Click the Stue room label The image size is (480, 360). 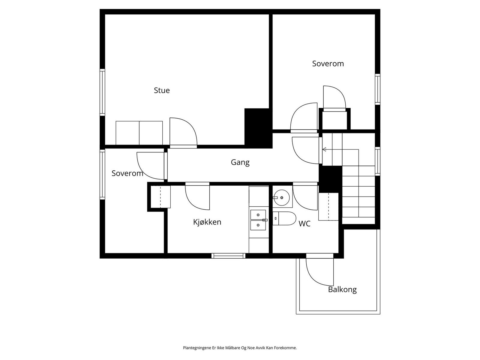[162, 90]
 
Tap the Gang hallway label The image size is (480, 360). [240, 162]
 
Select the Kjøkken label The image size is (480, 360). [207, 222]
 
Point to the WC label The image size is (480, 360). [304, 223]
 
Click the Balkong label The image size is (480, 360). [342, 289]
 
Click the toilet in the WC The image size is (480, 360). [284, 218]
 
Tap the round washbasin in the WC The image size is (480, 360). [282, 198]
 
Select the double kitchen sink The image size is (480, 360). [258, 220]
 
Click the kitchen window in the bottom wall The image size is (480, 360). [228, 256]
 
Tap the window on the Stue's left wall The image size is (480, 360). [102, 92]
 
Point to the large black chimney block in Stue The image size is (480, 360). [258, 128]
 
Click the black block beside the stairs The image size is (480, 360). [330, 179]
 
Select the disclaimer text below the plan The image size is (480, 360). [240, 348]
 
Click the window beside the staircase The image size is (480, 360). [378, 161]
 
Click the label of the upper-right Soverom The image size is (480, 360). [328, 64]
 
